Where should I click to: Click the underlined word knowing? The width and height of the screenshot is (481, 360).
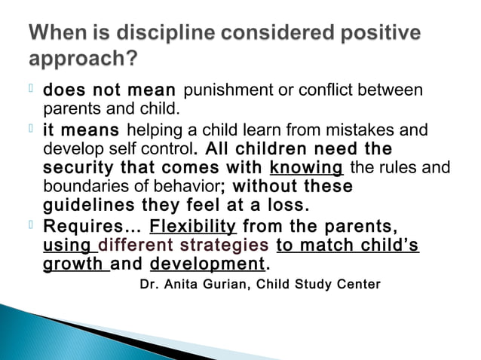pos(306,167)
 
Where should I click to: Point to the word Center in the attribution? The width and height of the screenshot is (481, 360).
pos(359,285)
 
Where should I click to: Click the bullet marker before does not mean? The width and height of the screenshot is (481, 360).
pos(32,90)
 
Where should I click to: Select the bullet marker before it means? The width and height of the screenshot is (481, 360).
pos(32,130)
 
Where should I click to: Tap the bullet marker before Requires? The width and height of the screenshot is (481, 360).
pos(32,225)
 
